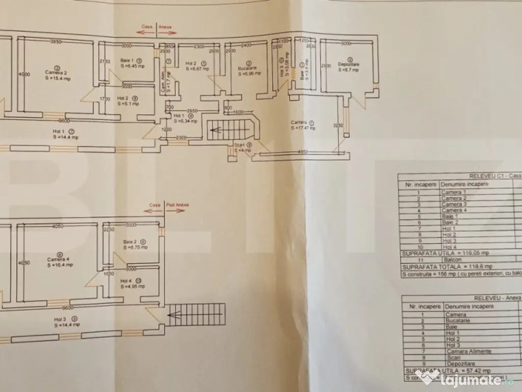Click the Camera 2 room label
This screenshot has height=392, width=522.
point(57,72)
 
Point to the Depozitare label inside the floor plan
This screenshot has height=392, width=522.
point(349,65)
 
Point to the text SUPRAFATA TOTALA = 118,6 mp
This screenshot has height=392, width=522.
point(447,266)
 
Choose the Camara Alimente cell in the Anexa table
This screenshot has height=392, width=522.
point(462,352)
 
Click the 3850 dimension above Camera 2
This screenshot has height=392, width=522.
point(56,41)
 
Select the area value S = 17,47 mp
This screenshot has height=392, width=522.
point(304,128)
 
